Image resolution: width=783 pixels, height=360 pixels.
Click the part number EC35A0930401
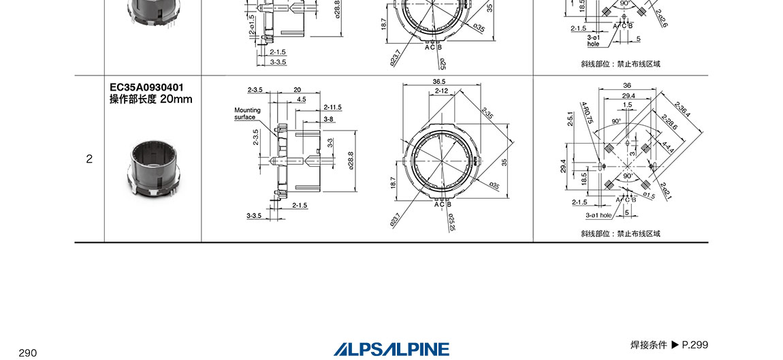pyautogui.click(x=147, y=87)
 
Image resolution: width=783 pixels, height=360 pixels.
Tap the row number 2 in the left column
pyautogui.click(x=89, y=159)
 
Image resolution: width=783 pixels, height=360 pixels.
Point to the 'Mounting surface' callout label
pyautogui.click(x=248, y=114)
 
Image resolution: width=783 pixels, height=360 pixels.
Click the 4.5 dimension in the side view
pyautogui.click(x=301, y=99)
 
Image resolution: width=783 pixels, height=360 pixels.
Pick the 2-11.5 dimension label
pyautogui.click(x=332, y=108)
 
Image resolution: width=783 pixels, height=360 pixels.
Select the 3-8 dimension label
pyautogui.click(x=328, y=119)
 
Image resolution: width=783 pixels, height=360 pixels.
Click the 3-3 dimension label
pyautogui.click(x=330, y=144)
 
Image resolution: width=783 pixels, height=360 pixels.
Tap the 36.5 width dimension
pyautogui.click(x=439, y=82)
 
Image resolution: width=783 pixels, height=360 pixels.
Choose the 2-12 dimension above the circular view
pyautogui.click(x=441, y=91)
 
